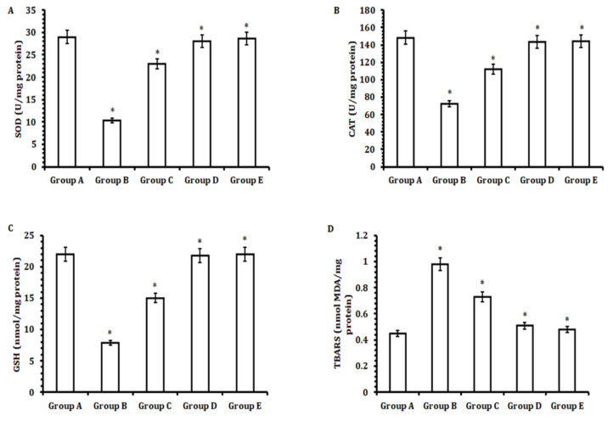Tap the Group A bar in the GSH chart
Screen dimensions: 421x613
66,323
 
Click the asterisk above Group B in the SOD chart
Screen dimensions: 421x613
112,111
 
